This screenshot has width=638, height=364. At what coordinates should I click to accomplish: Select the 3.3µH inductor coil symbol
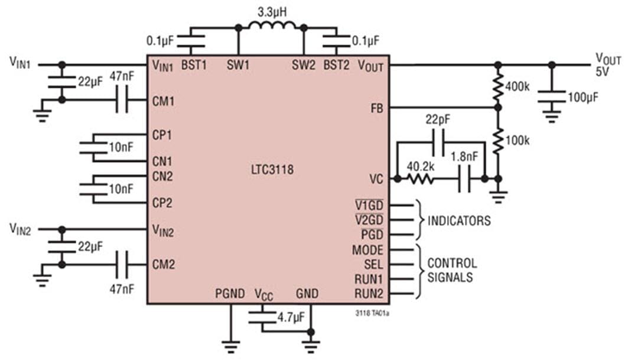(271, 27)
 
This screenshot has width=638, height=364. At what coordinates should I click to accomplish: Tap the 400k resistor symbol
(497, 86)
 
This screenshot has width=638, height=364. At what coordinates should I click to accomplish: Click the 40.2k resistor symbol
(421, 178)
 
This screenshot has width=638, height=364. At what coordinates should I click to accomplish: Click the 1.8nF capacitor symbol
(464, 178)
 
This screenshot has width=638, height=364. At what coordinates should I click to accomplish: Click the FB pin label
(375, 108)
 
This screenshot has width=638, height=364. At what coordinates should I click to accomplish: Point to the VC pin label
(375, 178)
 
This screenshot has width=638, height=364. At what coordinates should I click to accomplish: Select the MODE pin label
(367, 250)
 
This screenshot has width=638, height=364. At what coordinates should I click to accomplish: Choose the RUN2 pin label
(369, 294)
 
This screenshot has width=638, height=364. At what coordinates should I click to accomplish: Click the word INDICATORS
(459, 221)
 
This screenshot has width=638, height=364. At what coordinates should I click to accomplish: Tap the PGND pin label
(230, 294)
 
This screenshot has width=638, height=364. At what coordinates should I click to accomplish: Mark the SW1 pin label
(238, 65)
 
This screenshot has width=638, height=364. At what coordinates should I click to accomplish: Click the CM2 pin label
(163, 264)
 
